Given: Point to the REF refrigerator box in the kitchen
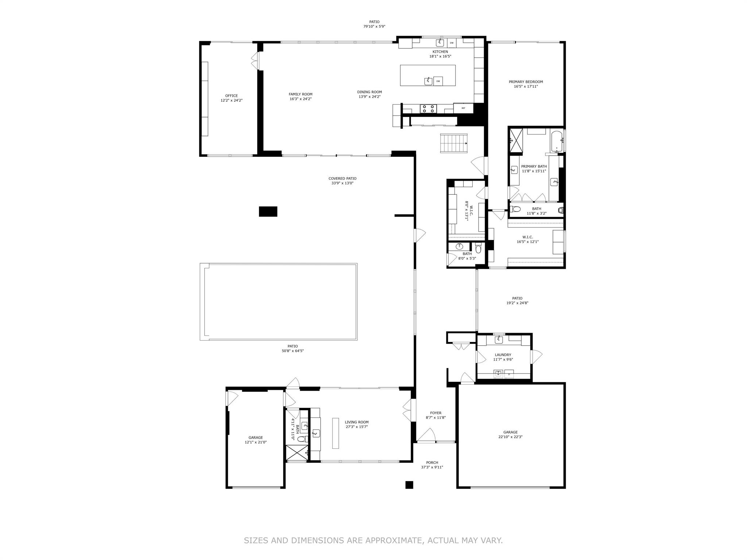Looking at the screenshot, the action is (463, 108).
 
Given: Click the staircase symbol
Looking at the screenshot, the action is (454, 143).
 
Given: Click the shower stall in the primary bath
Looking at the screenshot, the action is (516, 140).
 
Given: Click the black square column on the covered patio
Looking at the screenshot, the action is (268, 211).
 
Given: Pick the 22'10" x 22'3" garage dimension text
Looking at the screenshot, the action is (510, 437).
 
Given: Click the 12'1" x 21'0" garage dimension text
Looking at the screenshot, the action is (256, 442).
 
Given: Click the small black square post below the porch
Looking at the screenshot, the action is (409, 485).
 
